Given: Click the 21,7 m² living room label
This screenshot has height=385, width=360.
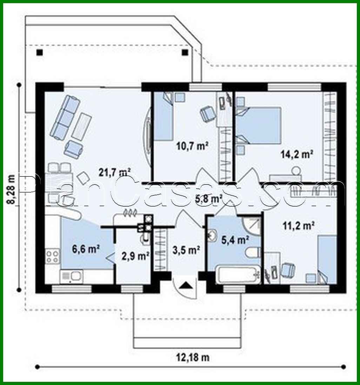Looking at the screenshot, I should [x=114, y=172].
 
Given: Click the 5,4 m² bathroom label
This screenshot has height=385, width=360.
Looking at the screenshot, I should [x=235, y=240].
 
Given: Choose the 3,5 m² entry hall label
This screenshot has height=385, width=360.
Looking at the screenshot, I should [x=186, y=250].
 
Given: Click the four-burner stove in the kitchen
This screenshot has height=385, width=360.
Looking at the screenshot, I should [x=52, y=256].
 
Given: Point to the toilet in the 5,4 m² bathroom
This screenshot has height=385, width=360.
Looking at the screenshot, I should [x=252, y=252].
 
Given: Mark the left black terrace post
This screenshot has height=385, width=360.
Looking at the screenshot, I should [x=39, y=53].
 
